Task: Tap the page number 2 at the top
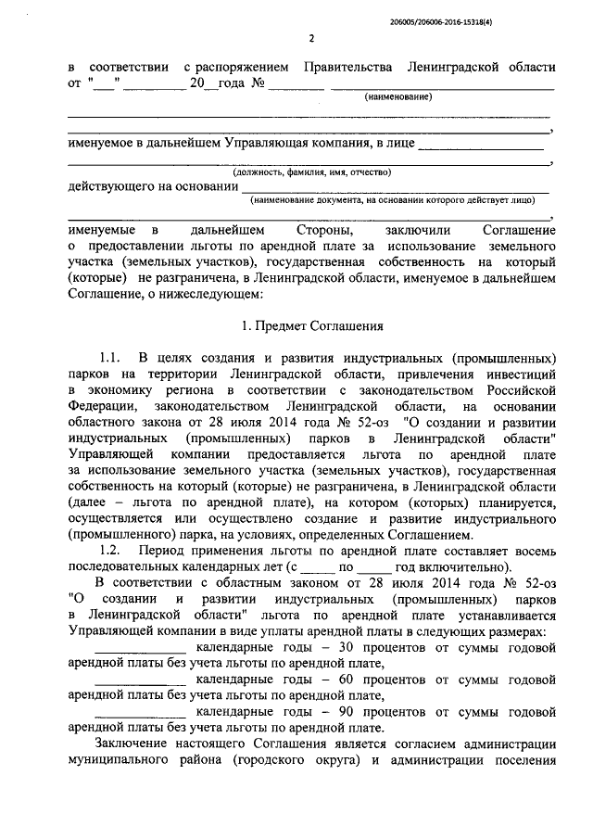pyautogui.click(x=311, y=38)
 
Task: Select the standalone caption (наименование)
pyautogui.click(x=398, y=97)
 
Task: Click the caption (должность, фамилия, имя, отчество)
pyautogui.click(x=311, y=172)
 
